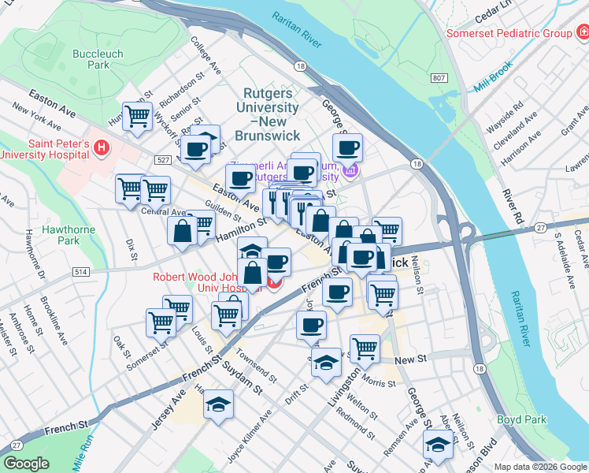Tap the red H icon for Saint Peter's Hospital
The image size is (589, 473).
(x=101, y=147)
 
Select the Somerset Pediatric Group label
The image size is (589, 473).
(x=509, y=34)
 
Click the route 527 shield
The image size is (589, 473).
(x=164, y=160)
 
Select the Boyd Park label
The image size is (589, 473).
(x=521, y=420)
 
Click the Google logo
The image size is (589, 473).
(x=27, y=464)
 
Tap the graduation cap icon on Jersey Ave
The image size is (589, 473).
(x=218, y=405)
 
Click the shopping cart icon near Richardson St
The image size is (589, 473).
(x=137, y=115)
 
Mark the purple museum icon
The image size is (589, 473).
(x=350, y=169)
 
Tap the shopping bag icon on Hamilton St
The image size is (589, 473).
(x=182, y=231)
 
